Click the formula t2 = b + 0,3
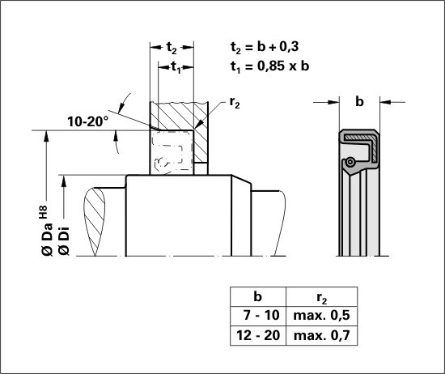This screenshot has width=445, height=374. pos(265,47)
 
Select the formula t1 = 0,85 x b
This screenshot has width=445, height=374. pos(269,66)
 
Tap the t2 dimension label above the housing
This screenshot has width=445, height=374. pos(172,48)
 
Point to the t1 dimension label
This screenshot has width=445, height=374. pos(176,68)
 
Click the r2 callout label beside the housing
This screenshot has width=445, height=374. pos(235,103)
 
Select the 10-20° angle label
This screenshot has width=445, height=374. pos(88,121)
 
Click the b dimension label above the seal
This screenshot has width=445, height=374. pos(359,101)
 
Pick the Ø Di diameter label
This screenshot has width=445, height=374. pos(64,240)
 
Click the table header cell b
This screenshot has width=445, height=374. pos(257,296)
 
